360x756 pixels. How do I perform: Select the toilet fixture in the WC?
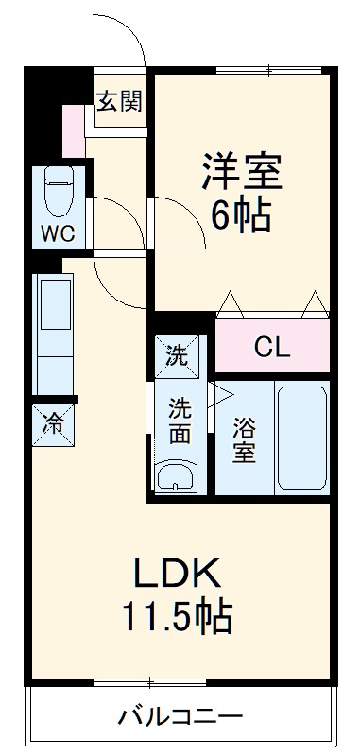coord(59,193)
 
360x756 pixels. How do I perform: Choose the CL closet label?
coord(272,346)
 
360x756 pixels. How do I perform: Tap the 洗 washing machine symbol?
coord(177,356)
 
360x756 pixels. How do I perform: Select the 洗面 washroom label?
coord(180,422)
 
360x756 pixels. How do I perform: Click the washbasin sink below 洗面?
coord(176,475)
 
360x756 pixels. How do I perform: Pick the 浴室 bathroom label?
coord(243,439)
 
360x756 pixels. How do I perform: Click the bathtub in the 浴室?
coord(301,437)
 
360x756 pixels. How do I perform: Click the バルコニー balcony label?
coord(180,716)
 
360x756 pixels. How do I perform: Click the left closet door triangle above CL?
coord(231,302)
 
